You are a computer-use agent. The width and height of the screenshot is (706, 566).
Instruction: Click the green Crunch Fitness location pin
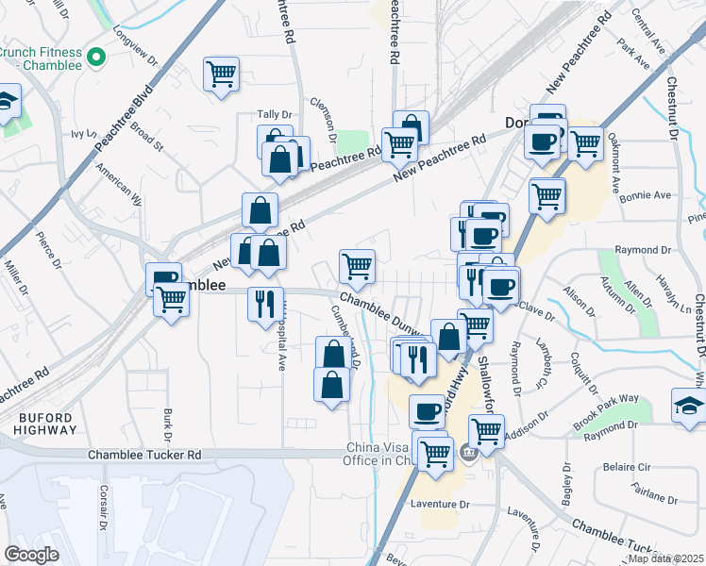[x=95, y=58]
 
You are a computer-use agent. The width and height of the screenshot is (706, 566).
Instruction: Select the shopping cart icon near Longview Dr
[x=221, y=74]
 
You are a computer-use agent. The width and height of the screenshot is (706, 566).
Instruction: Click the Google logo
[x=31, y=554]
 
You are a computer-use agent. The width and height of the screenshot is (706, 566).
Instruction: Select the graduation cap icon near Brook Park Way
[x=688, y=405]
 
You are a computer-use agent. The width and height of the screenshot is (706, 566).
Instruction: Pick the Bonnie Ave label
[x=646, y=195]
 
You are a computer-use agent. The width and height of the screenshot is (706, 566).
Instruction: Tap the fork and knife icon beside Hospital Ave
[x=264, y=304]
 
